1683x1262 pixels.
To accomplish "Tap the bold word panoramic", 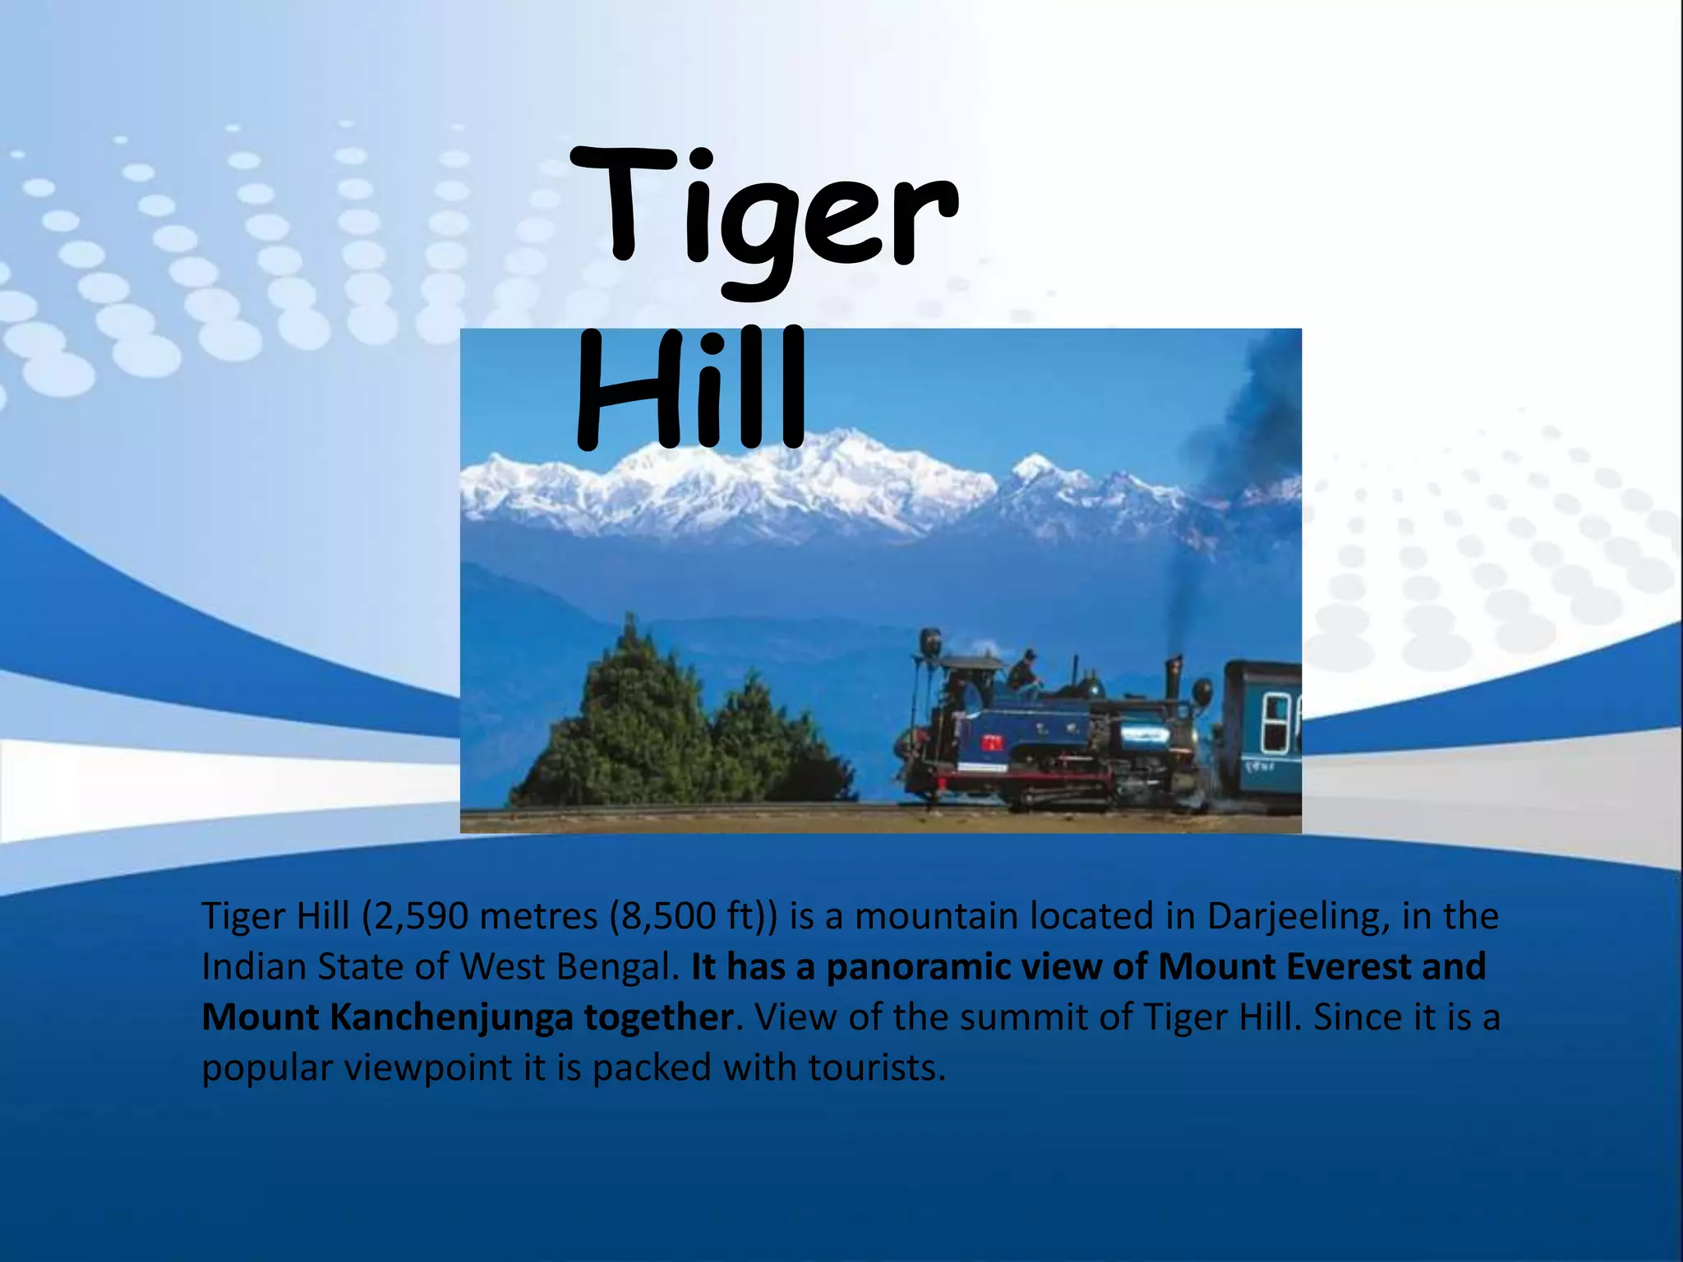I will tap(918, 966).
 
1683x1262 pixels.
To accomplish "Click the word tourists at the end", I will tap(876, 1068).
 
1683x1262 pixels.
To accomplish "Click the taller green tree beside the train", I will tap(629, 715).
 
